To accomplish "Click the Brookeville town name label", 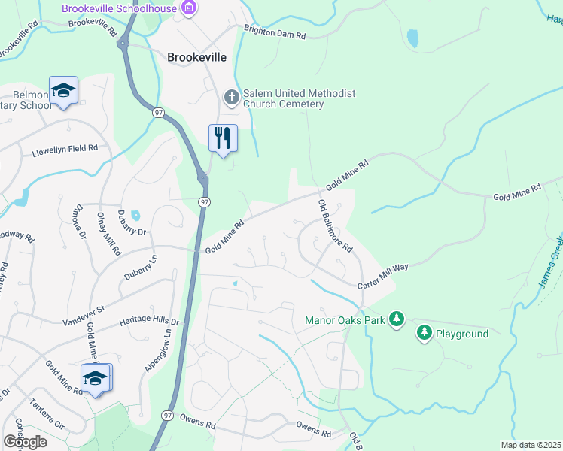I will [x=198, y=57].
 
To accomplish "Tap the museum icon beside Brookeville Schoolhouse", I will [x=189, y=9].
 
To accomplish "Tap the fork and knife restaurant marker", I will [x=223, y=138].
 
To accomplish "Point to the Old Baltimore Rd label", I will [x=335, y=225].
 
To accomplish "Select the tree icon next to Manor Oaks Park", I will [x=397, y=320].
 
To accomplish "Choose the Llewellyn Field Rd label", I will [x=65, y=150].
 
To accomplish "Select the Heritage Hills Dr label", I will [x=151, y=321].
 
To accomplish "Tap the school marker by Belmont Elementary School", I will [x=65, y=92].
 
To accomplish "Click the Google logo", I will [x=25, y=442].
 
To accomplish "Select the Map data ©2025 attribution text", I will [x=531, y=445].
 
